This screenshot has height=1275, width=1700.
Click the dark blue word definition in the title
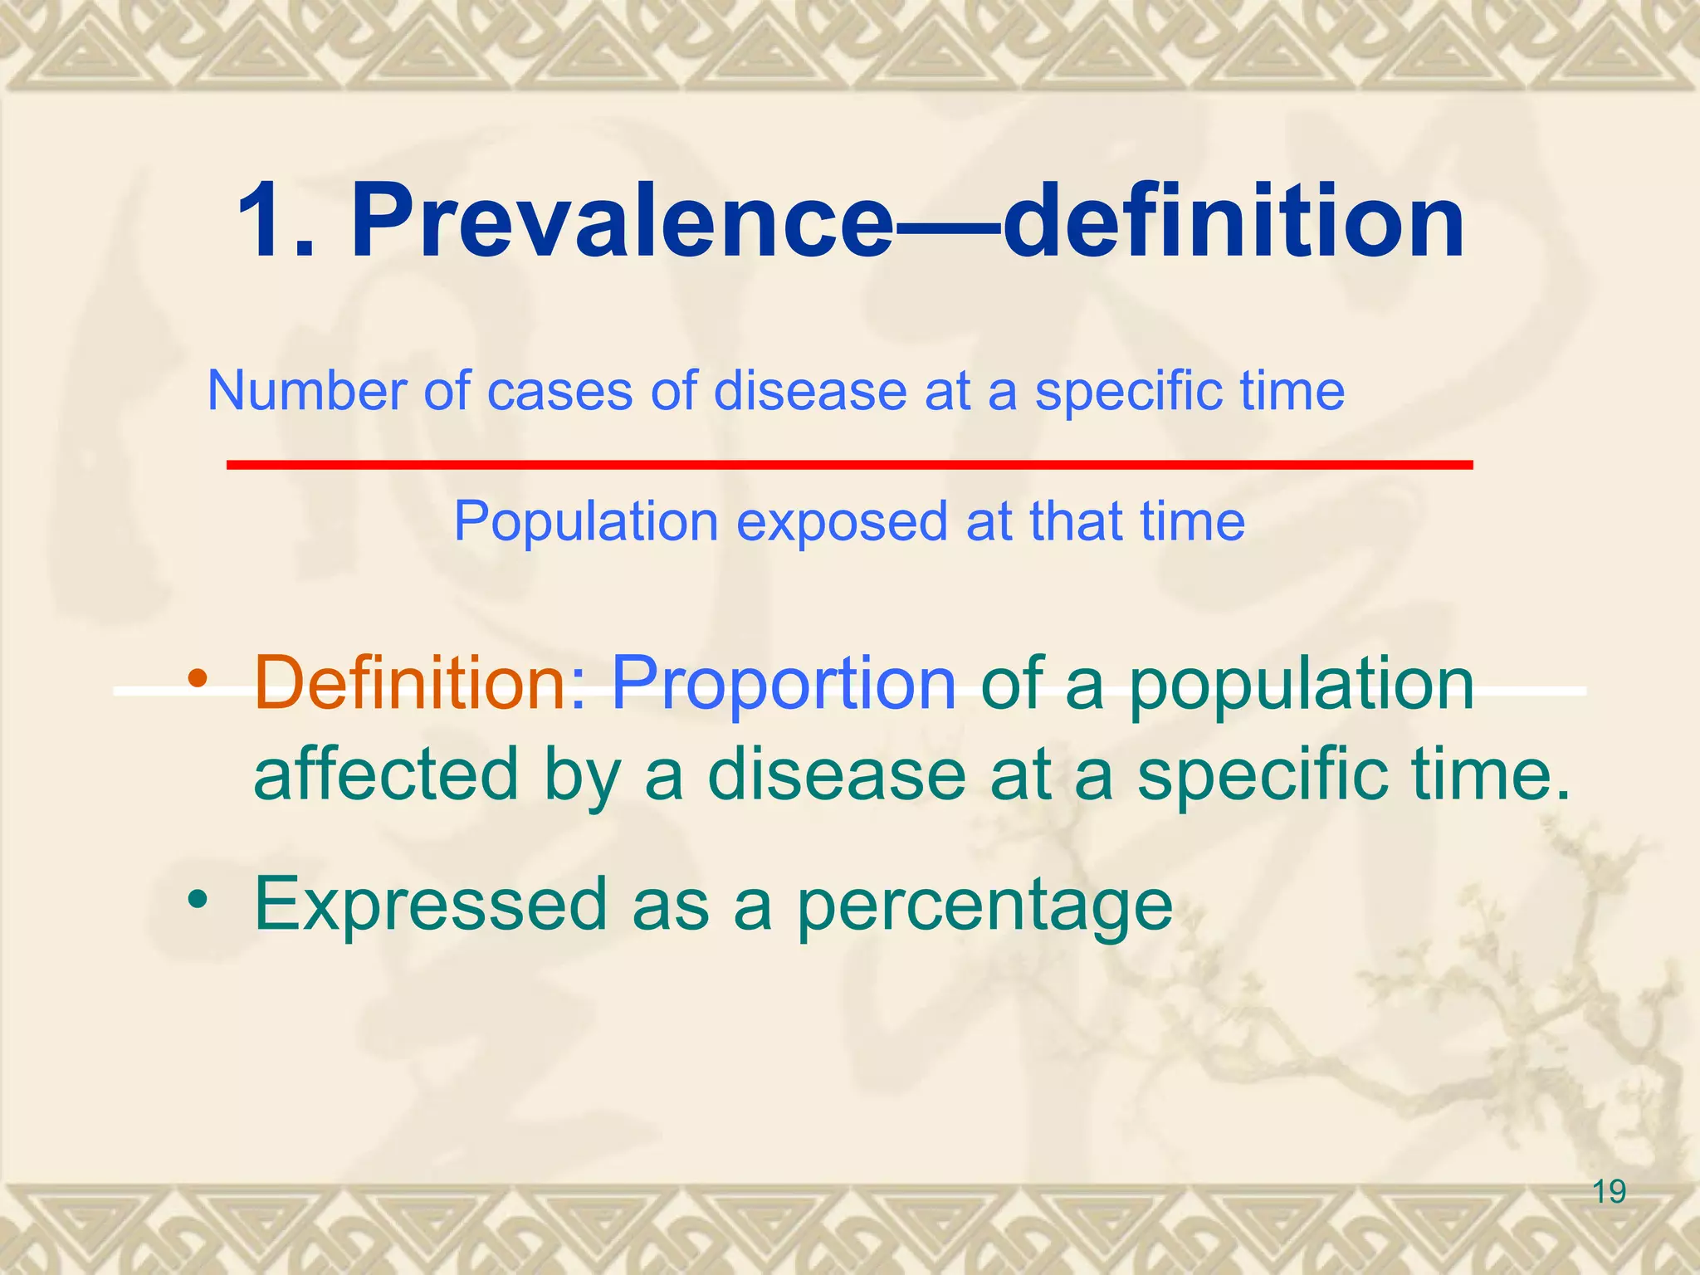(x=1233, y=222)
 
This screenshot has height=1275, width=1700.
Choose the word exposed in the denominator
(x=841, y=523)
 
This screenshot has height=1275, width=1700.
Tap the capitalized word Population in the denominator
(x=585, y=523)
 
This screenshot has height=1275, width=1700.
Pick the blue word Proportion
(x=784, y=684)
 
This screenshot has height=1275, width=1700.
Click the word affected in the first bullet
(x=386, y=774)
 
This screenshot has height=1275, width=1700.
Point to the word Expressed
(x=431, y=905)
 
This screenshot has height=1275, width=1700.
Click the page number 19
(x=1610, y=1192)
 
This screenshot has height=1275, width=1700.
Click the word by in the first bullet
(x=582, y=775)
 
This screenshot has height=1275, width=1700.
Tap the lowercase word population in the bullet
(x=1301, y=684)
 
